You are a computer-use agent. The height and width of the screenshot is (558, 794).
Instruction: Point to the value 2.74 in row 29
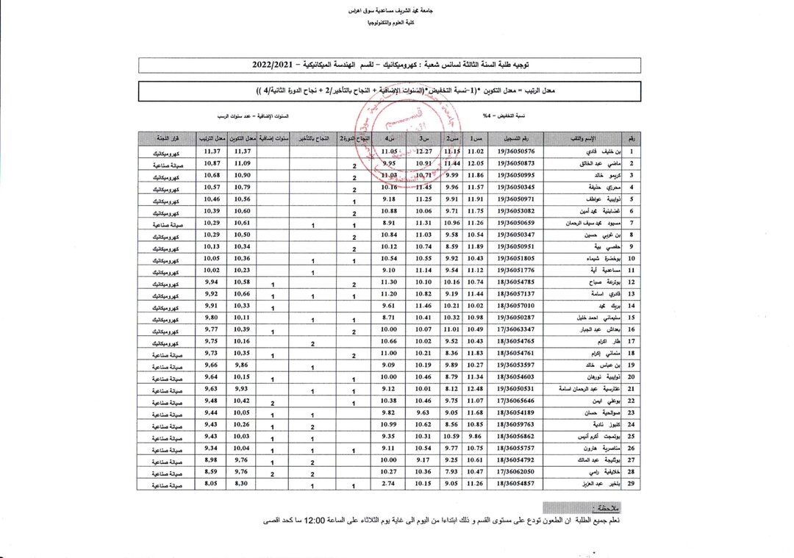point(390,484)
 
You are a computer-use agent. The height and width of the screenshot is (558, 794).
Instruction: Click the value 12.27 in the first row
point(424,151)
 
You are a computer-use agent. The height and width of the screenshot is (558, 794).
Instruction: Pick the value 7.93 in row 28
point(451,473)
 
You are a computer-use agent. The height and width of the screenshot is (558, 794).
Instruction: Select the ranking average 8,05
point(212,484)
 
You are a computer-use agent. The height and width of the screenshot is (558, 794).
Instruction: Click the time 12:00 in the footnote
point(383,522)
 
